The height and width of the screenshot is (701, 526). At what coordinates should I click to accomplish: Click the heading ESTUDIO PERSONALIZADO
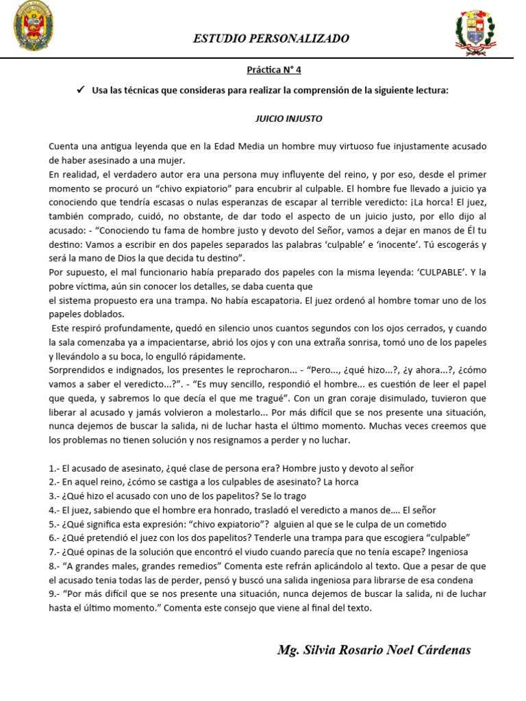[271, 38]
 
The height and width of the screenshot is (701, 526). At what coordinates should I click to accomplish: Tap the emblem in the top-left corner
[34, 27]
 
